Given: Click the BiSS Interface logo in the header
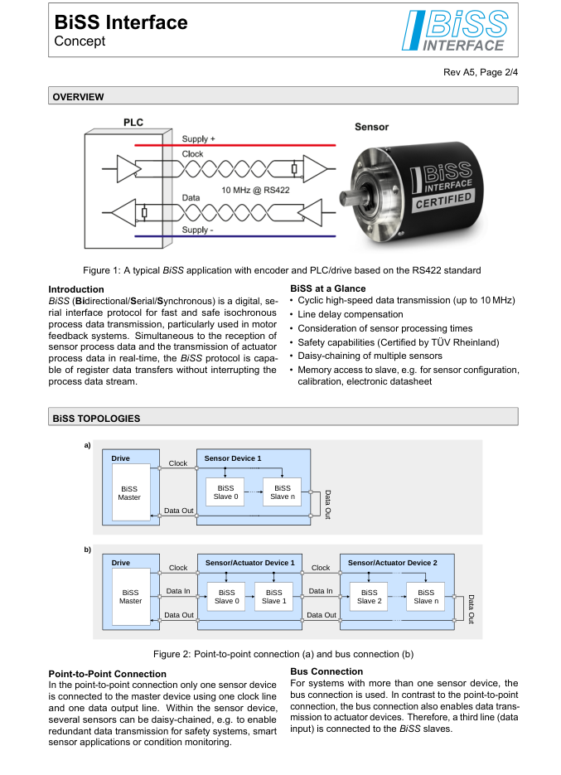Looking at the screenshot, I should pyautogui.click(x=454, y=32).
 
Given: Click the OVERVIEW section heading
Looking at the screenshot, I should pyautogui.click(x=79, y=97).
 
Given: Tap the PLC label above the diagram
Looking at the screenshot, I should pyautogui.click(x=133, y=123).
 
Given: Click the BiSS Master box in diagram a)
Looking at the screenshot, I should pyautogui.click(x=130, y=492).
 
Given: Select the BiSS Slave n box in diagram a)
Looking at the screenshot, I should pyautogui.click(x=282, y=492).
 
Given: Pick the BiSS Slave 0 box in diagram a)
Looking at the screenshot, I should pyautogui.click(x=225, y=492).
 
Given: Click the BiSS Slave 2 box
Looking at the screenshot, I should pyautogui.click(x=370, y=597).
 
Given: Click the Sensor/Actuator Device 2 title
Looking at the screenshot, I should pyautogui.click(x=392, y=563).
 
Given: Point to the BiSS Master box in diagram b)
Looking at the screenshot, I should pyautogui.click(x=130, y=597).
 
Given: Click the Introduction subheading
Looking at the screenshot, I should pyautogui.click(x=77, y=289).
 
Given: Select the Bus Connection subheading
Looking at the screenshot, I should pyautogui.click(x=326, y=671).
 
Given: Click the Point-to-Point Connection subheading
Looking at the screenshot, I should pyautogui.click(x=108, y=674).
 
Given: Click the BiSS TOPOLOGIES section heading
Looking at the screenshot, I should pyautogui.click(x=96, y=419).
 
